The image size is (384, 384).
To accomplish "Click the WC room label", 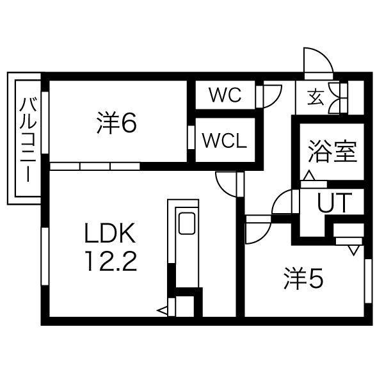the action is [225, 96].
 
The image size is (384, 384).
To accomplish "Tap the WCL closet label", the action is [224, 141].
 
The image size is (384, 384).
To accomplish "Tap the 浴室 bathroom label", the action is [332, 152].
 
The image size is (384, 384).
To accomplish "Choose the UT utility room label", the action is [334, 204].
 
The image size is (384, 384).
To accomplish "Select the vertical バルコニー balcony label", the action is [26, 140].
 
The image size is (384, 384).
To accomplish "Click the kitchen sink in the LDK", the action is [188, 223].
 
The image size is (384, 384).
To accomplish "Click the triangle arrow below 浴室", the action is [308, 175].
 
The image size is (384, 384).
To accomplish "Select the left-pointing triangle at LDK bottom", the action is [162, 311].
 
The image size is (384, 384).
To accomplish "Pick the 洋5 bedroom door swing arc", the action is [257, 233].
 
